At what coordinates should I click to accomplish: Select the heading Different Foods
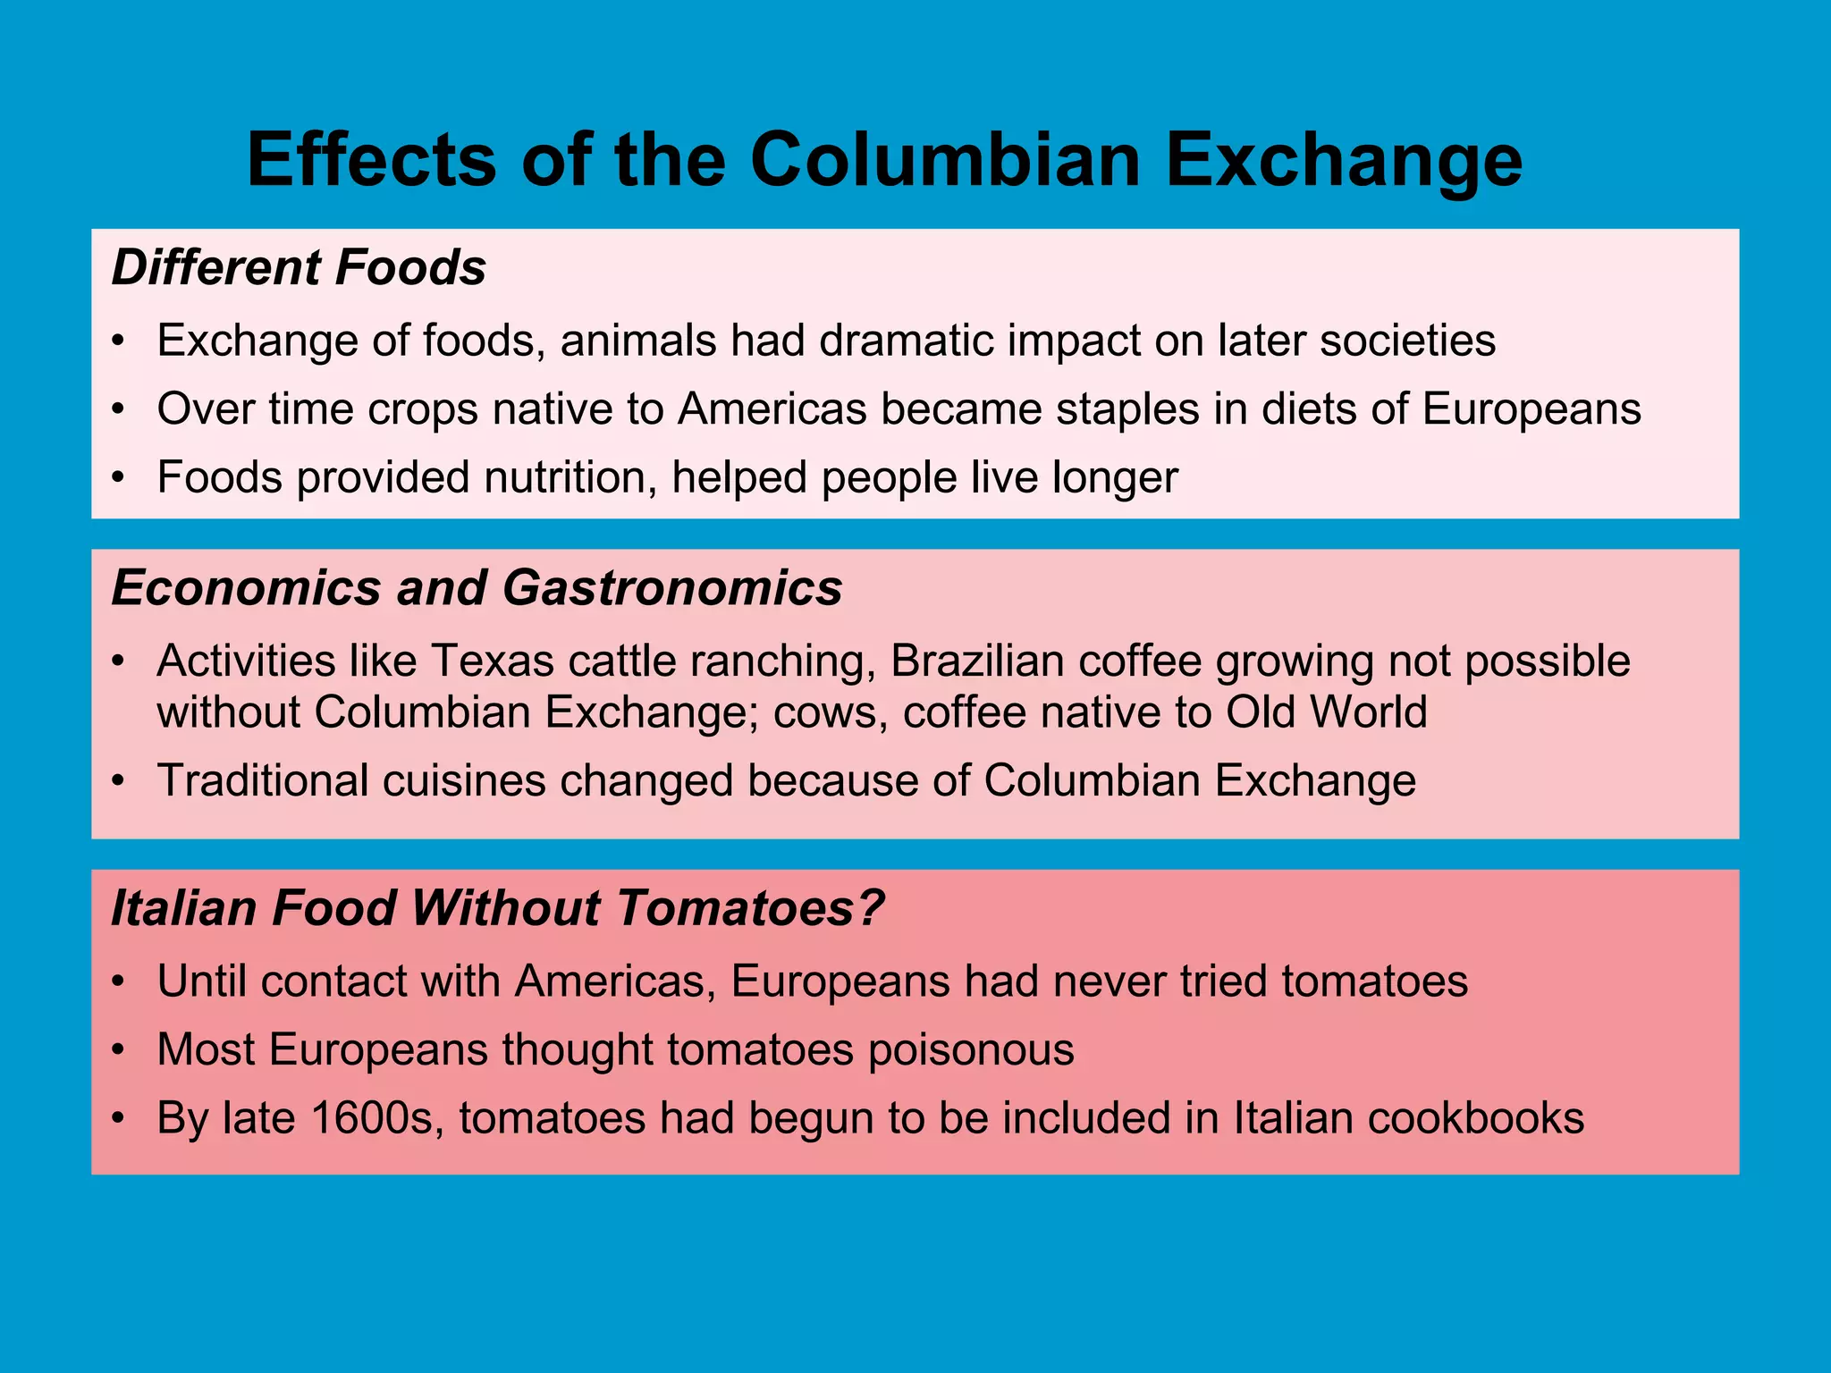coord(299,267)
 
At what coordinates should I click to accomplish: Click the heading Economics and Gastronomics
coord(477,588)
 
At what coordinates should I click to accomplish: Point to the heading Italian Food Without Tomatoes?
coord(497,908)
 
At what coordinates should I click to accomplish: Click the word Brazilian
coord(976,661)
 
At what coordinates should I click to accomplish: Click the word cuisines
coord(464,780)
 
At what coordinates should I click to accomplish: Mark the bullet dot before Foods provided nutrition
coord(117,478)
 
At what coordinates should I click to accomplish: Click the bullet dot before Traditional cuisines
coord(117,781)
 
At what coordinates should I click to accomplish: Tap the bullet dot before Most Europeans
coord(117,1050)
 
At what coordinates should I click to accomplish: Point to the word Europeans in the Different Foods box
coord(1531,409)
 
